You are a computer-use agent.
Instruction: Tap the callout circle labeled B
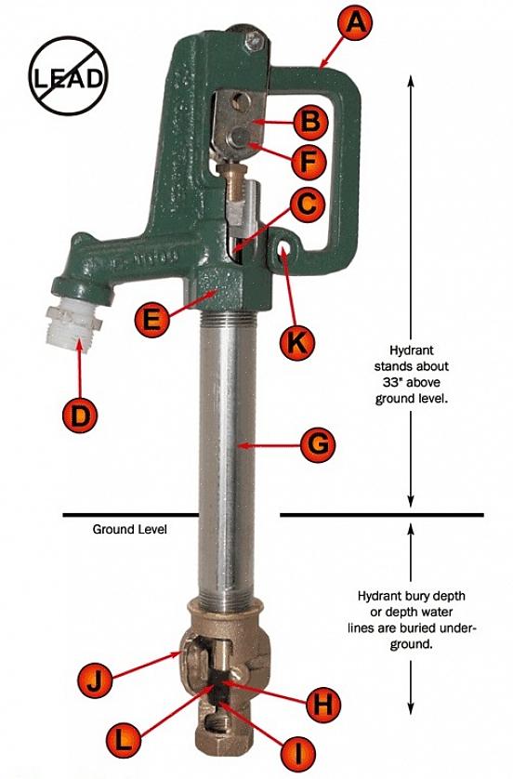[x=311, y=121]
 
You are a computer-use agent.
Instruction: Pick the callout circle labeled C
[x=308, y=205]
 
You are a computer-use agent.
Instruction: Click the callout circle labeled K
[x=297, y=342]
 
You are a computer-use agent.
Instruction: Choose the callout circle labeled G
[x=319, y=445]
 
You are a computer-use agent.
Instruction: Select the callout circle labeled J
[x=95, y=680]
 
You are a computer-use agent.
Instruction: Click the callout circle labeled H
[x=323, y=704]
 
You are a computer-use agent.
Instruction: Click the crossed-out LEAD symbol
[x=68, y=76]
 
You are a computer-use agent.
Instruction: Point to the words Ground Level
[x=129, y=529]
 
